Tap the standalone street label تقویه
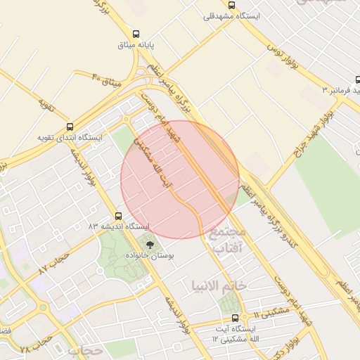click(46, 105)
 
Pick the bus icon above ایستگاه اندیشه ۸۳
click(118, 216)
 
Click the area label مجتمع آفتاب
click(228, 240)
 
